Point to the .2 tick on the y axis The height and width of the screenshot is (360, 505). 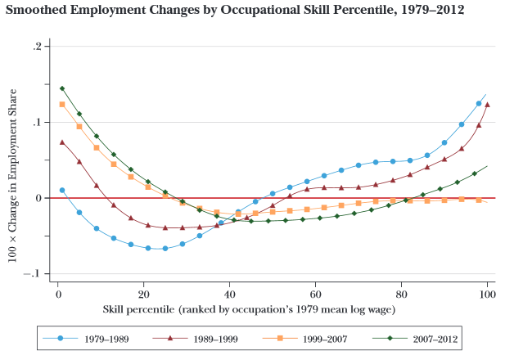tap(37, 47)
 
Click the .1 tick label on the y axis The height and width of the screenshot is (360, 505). tap(37, 123)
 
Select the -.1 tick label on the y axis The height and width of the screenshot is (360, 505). tap(34, 274)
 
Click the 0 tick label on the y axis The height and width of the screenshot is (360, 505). tap(38, 198)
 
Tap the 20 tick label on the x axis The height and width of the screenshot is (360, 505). tap(143, 293)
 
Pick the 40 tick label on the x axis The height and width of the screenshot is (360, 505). tap(229, 293)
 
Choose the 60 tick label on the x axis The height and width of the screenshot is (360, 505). tap(315, 293)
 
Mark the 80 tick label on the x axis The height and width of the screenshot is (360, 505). tap(401, 293)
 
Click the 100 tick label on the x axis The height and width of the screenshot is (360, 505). tap(487, 293)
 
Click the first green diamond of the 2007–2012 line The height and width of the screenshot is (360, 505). tap(61, 88)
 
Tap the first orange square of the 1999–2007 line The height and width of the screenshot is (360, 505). tap(61, 104)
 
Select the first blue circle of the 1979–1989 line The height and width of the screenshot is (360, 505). tap(61, 190)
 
